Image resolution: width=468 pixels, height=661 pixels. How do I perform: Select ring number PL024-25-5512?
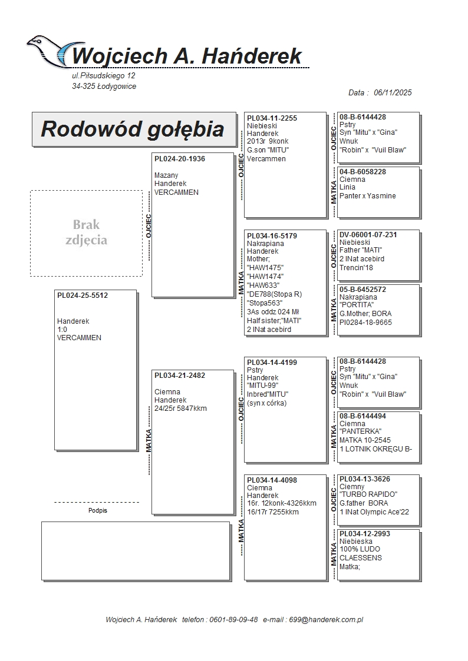tap(83, 295)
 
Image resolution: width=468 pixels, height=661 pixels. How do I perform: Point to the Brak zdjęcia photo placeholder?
tap(86, 232)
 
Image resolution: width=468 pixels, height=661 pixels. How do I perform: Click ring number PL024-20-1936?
tap(180, 159)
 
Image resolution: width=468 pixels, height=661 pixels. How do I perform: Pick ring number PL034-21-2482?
tap(180, 376)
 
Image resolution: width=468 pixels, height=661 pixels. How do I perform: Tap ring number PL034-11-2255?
tap(272, 118)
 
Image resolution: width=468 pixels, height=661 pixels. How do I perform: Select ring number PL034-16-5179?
tap(272, 236)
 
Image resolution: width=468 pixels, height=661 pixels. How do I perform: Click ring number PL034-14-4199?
tap(272, 363)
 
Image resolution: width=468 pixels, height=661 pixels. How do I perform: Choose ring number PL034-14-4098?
tap(272, 480)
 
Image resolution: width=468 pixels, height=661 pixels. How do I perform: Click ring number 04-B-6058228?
tap(362, 172)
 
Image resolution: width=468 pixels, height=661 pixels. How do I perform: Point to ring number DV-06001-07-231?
tap(368, 235)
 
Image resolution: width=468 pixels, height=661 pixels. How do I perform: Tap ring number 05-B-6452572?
tap(362, 290)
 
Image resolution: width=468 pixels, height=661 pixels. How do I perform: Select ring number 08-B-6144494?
tap(362, 416)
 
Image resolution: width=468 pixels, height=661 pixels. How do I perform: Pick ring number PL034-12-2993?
tap(365, 534)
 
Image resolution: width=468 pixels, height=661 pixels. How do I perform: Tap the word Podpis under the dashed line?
tap(98, 511)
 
